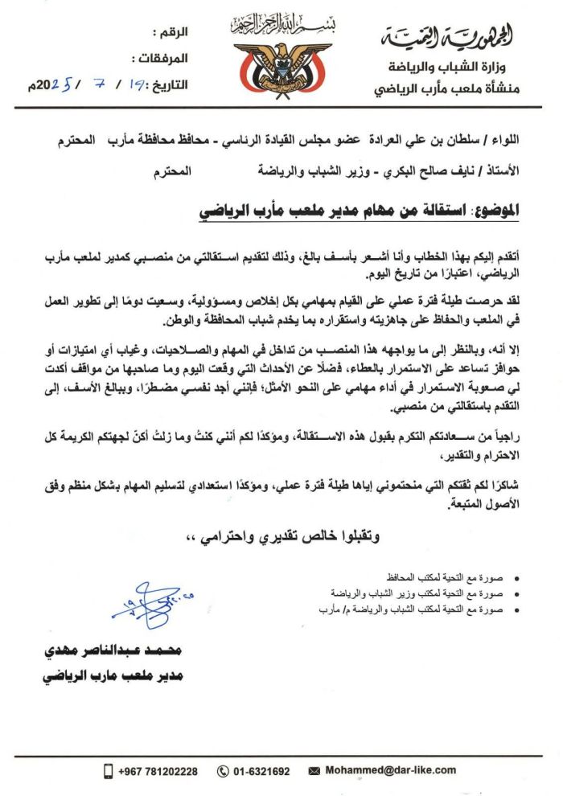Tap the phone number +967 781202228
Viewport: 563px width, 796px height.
tap(157, 771)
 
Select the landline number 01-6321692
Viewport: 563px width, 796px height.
tap(263, 771)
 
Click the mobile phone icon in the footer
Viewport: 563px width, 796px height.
tap(108, 771)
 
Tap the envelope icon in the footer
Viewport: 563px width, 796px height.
tap(316, 771)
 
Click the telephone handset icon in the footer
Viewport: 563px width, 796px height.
tap(223, 771)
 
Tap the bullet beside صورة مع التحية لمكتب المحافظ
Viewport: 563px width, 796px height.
tap(516, 579)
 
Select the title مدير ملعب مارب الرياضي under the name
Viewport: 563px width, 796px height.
tap(113, 675)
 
